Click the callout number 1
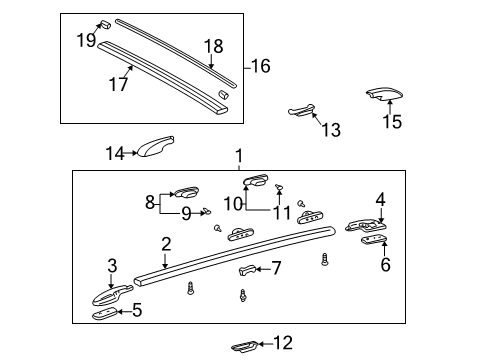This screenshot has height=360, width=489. point(239,157)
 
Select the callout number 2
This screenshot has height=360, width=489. point(166,243)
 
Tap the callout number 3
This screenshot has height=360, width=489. point(112,266)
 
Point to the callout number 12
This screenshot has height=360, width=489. point(283,343)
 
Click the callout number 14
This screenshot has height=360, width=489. point(115,153)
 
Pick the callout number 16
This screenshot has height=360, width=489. point(260,66)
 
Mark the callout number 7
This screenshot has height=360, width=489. point(277,267)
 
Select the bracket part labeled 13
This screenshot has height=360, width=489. point(301,110)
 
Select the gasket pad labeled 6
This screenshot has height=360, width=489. point(372,241)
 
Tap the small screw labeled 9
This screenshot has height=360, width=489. point(205,211)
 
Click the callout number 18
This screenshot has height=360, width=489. point(214,46)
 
